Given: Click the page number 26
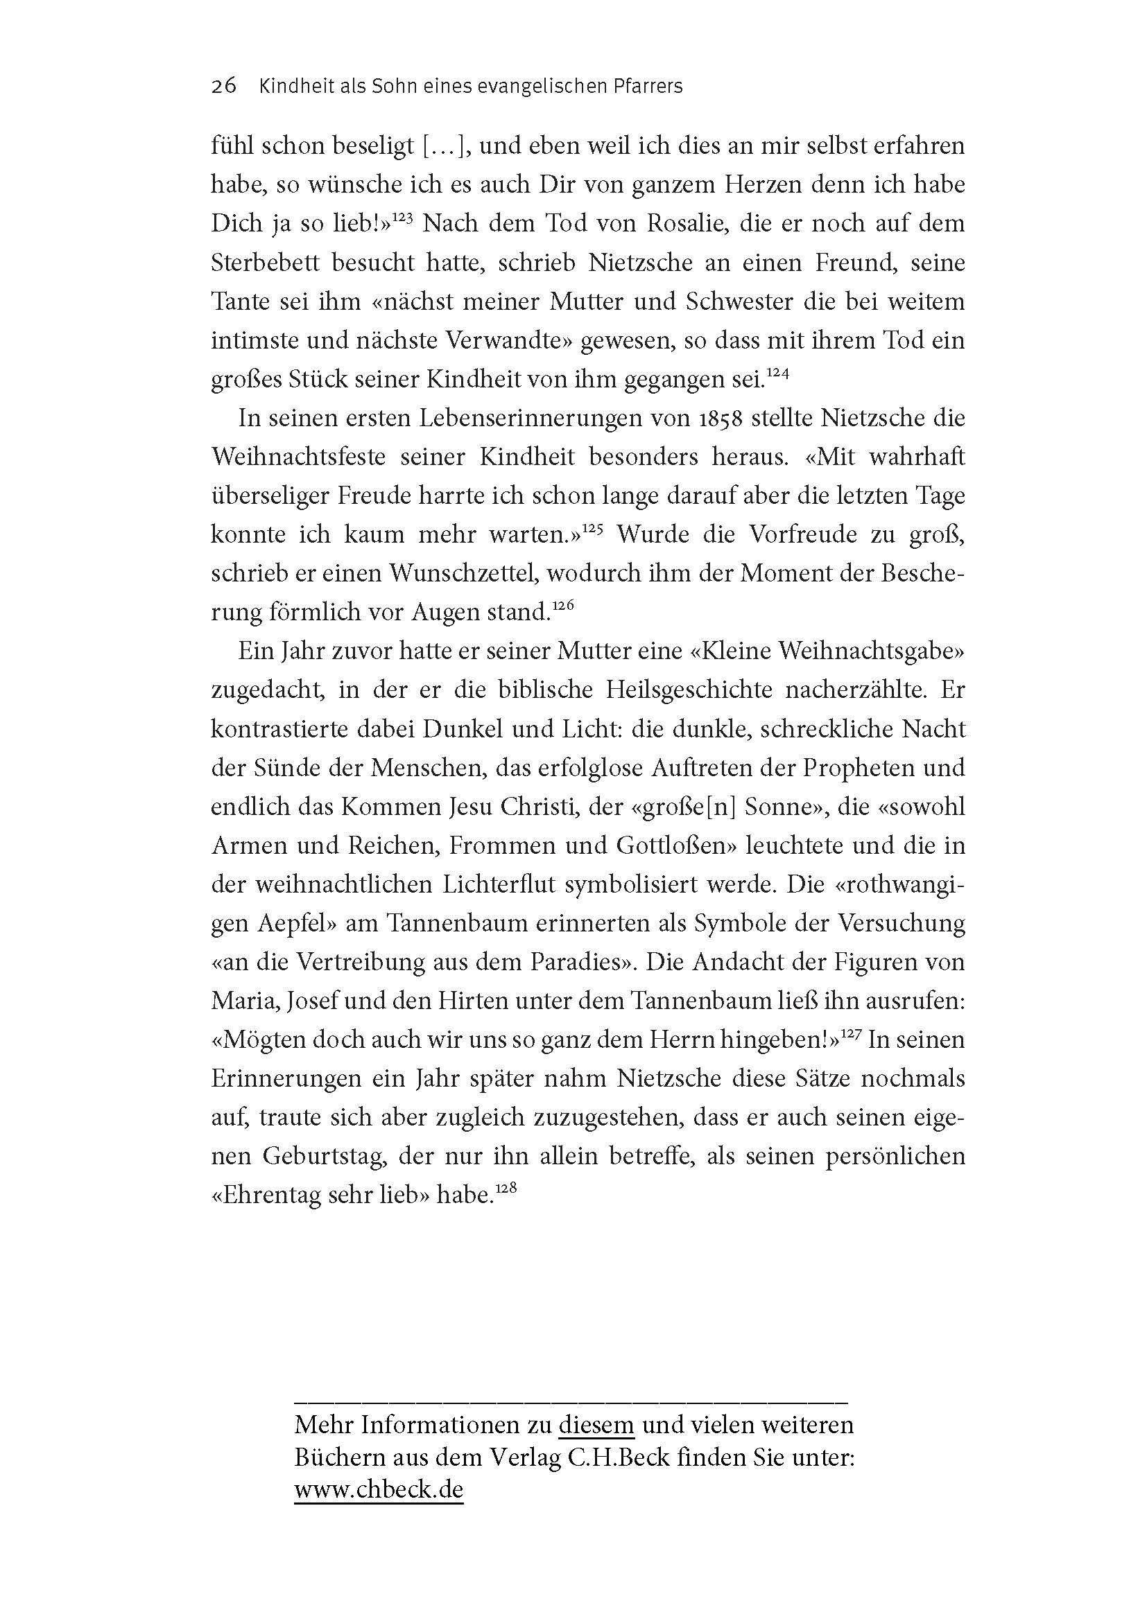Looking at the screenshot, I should (x=223, y=87).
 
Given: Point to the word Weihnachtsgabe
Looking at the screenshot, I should (x=866, y=651).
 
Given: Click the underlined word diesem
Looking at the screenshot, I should (x=596, y=1425).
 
